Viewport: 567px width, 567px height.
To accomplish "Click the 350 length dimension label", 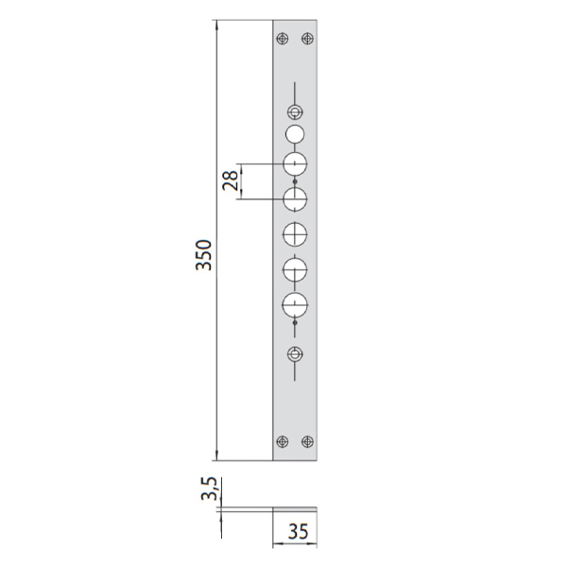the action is click(x=204, y=254).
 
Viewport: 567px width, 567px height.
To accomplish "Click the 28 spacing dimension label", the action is click(x=231, y=180).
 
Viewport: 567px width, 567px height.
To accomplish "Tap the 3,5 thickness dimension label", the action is click(x=210, y=489).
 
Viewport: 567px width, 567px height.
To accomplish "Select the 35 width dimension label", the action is click(x=299, y=531).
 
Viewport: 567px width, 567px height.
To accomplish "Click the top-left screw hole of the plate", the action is click(x=283, y=39).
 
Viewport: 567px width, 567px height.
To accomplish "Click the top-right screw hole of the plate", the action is click(x=307, y=39).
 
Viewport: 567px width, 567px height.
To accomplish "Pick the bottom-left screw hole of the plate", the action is click(x=283, y=441).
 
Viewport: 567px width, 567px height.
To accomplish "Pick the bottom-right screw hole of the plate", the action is click(x=307, y=441).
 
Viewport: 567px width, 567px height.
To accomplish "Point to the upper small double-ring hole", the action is click(x=295, y=112).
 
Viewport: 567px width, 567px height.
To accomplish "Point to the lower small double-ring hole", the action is click(x=295, y=354).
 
